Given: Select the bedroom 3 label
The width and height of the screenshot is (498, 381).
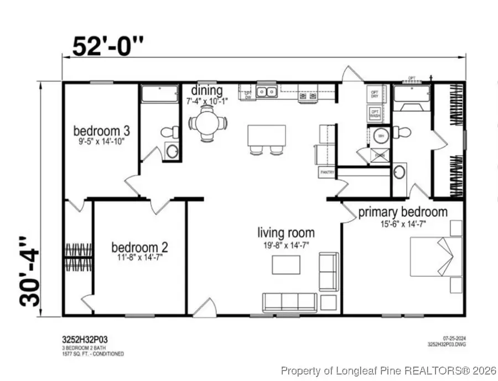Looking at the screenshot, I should [102, 131].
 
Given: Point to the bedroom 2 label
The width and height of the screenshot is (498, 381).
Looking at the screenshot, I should [139, 247].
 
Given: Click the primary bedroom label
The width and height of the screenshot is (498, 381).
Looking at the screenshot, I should [402, 212].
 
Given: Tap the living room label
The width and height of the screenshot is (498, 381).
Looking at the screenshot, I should [286, 233].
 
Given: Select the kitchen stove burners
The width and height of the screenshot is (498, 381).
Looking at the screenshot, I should [308, 96].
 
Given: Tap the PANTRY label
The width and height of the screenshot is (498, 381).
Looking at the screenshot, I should [326, 173].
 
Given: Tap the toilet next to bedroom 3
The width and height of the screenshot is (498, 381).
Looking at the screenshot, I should [169, 132].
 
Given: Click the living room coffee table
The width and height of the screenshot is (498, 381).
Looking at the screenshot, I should [286, 265].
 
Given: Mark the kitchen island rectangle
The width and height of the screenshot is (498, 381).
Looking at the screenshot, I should [266, 135].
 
